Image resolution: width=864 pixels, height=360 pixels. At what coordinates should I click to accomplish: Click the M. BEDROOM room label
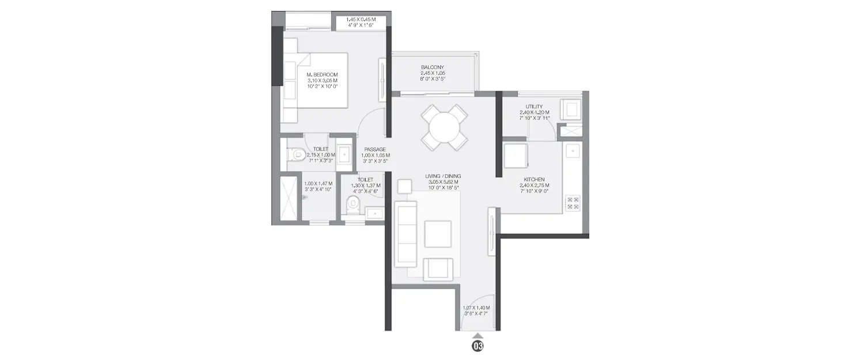(x=322, y=75)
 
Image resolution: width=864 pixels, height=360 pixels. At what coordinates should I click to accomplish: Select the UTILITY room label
(x=534, y=107)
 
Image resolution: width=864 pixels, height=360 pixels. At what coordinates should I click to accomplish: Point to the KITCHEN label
(x=535, y=179)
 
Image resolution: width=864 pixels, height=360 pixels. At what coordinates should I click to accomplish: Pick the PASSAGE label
(x=374, y=150)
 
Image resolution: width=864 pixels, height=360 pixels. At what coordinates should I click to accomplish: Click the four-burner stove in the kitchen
(x=573, y=202)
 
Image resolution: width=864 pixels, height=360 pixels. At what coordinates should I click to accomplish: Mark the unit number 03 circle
(x=478, y=346)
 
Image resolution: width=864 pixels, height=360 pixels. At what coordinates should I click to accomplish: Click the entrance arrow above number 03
(x=478, y=335)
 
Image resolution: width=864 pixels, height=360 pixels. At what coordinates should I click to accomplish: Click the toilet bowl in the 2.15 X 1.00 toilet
(x=295, y=154)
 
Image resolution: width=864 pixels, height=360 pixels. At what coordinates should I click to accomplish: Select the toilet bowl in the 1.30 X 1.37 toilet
(x=353, y=203)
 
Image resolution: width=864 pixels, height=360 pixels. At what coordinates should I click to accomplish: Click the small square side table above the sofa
(x=404, y=186)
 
